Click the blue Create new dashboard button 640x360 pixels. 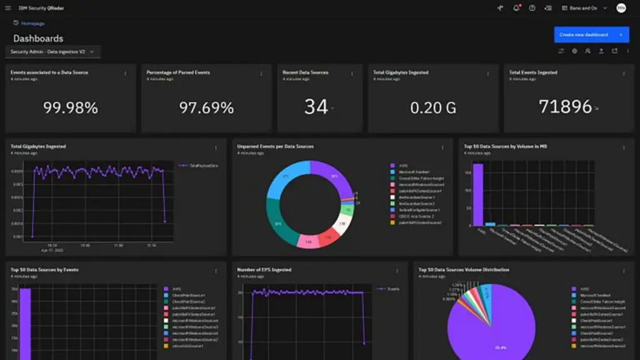pos(591,35)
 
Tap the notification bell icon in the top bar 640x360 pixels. pos(516,8)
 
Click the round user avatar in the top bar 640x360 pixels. pos(621,8)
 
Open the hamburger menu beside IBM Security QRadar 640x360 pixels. pos(7,8)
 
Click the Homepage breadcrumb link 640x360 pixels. pos(32,23)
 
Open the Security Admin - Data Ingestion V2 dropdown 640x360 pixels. pos(52,52)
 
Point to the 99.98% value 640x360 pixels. pos(70,107)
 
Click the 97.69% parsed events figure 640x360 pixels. pos(206,107)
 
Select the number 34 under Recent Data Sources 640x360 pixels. pos(316,107)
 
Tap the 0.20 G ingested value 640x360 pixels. pos(433,107)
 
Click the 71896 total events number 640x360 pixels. pos(566,107)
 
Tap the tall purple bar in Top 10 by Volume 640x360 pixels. pos(478,194)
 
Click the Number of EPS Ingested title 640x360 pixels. pos(264,270)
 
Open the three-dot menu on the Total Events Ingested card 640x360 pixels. pos(624,74)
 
